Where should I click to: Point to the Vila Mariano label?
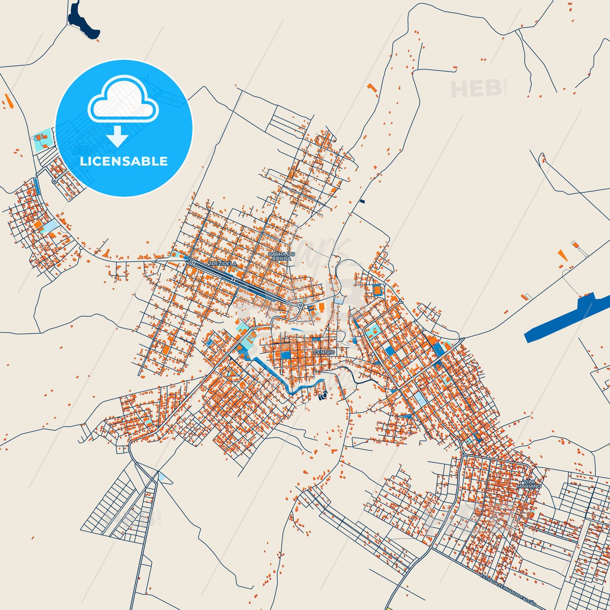point(532,492)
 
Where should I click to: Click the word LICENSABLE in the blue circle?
point(124,161)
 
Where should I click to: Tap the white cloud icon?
point(124,101)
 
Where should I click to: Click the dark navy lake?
point(83,22)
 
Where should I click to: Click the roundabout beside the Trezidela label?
point(192,262)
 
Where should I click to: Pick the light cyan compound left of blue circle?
point(43,139)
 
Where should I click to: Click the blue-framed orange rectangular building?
point(377,290)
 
